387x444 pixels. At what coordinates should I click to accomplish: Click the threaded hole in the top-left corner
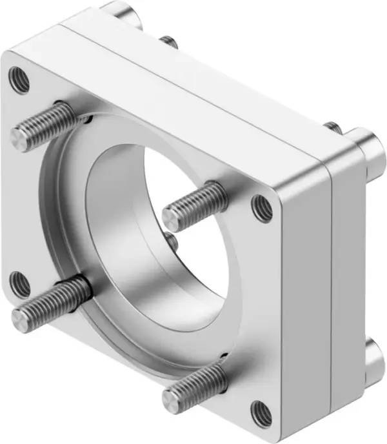point(18,79)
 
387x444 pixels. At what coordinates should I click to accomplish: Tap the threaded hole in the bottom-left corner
point(21,282)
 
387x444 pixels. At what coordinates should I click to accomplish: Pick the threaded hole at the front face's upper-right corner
point(261,206)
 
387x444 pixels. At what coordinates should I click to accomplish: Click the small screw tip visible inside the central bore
point(172,241)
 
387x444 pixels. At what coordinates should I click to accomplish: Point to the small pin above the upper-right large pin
point(332,127)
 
